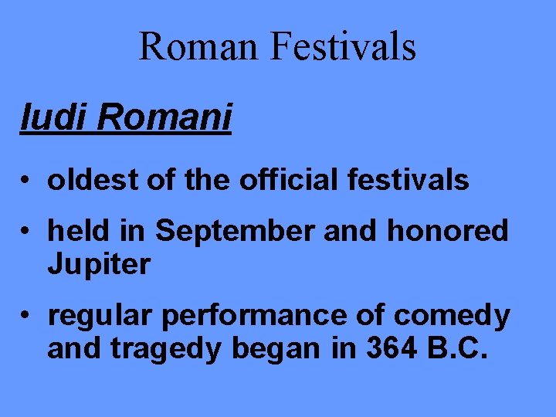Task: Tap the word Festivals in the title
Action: click(x=344, y=46)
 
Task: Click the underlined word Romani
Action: click(x=165, y=118)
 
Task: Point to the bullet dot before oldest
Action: click(x=26, y=181)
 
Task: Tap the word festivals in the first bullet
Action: click(x=410, y=181)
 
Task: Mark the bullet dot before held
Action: click(x=26, y=232)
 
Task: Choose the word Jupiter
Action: click(x=98, y=265)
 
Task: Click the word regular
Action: click(x=96, y=317)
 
